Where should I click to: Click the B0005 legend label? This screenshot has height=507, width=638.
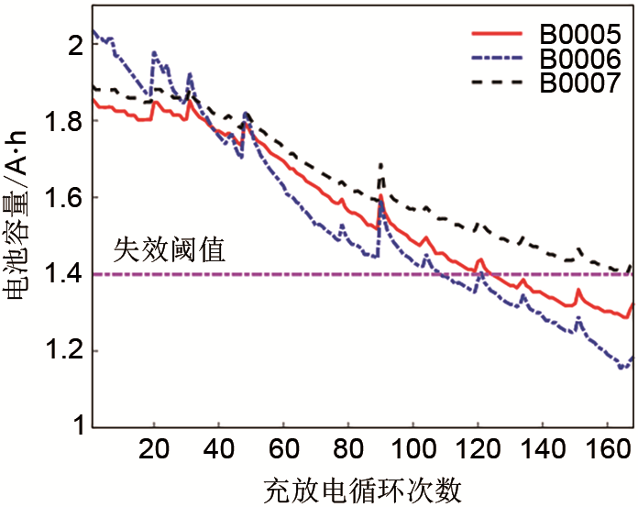coord(578,34)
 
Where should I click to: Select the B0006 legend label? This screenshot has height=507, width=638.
coord(578,59)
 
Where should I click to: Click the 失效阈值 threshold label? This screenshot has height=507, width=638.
coord(170,250)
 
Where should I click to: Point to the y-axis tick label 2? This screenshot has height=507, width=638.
coord(76,44)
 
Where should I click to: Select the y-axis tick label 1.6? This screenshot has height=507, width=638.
coord(66,198)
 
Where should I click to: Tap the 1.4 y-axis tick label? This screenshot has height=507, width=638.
coord(66,274)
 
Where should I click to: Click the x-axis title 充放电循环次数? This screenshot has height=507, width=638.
coord(362,489)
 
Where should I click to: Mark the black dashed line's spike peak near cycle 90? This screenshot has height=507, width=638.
coord(380,165)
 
